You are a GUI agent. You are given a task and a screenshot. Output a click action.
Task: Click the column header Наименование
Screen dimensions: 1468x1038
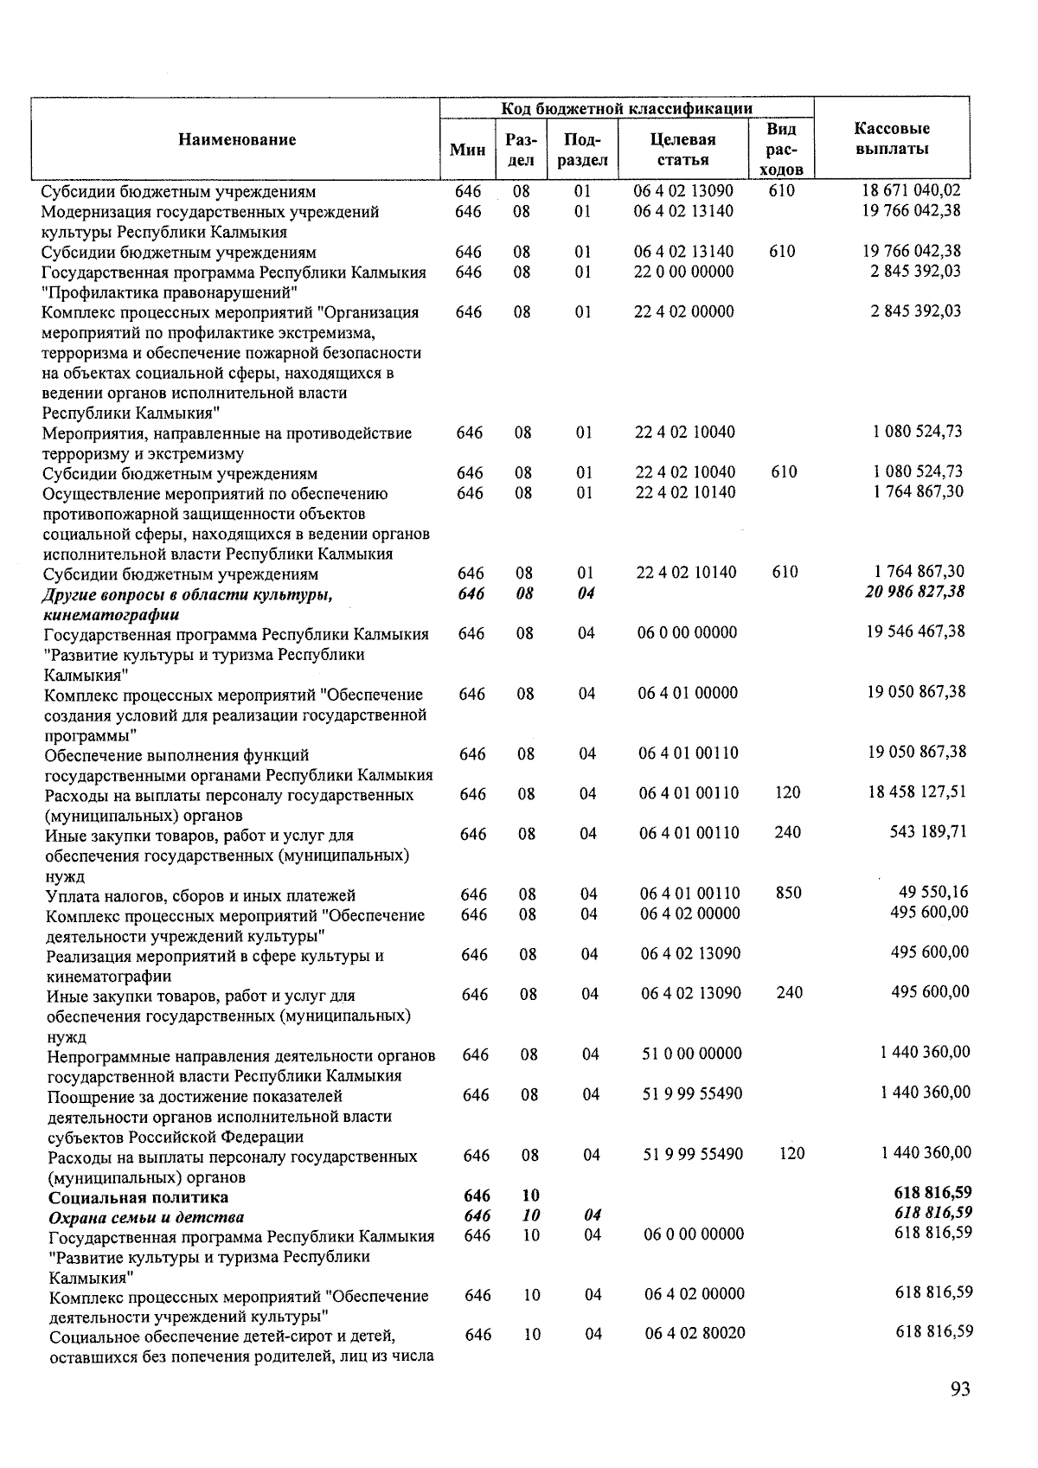[x=237, y=140]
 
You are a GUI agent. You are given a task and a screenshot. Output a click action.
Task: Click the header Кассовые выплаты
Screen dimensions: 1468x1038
[x=892, y=139]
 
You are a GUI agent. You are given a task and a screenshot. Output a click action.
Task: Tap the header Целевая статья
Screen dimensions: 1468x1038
[x=682, y=150]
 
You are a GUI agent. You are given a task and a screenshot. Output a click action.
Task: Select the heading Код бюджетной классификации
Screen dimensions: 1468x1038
[x=626, y=108]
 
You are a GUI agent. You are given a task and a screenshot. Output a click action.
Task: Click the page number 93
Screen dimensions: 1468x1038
[x=960, y=1389]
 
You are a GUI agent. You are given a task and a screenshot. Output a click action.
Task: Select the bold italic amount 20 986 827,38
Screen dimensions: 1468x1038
[x=914, y=593]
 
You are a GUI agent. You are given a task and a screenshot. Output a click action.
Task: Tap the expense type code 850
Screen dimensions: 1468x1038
[x=788, y=893]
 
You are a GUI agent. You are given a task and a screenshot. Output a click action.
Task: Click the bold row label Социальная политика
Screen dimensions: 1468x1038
[x=138, y=1198]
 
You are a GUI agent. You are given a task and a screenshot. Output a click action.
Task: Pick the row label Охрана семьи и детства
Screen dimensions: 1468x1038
[x=146, y=1218]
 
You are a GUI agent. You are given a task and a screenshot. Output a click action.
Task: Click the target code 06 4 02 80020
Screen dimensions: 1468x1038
[x=695, y=1334]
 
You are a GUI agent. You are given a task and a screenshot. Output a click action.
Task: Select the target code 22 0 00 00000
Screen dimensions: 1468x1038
[x=683, y=272]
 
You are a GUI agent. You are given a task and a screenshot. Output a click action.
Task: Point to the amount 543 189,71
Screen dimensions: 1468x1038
[x=928, y=832]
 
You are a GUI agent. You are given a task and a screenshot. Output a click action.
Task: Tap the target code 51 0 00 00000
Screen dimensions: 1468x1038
[x=691, y=1054]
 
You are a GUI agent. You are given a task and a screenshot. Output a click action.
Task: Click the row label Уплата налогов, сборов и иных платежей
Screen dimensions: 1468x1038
[x=201, y=895]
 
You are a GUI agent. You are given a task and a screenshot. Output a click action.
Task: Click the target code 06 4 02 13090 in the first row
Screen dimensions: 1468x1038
[x=683, y=191]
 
